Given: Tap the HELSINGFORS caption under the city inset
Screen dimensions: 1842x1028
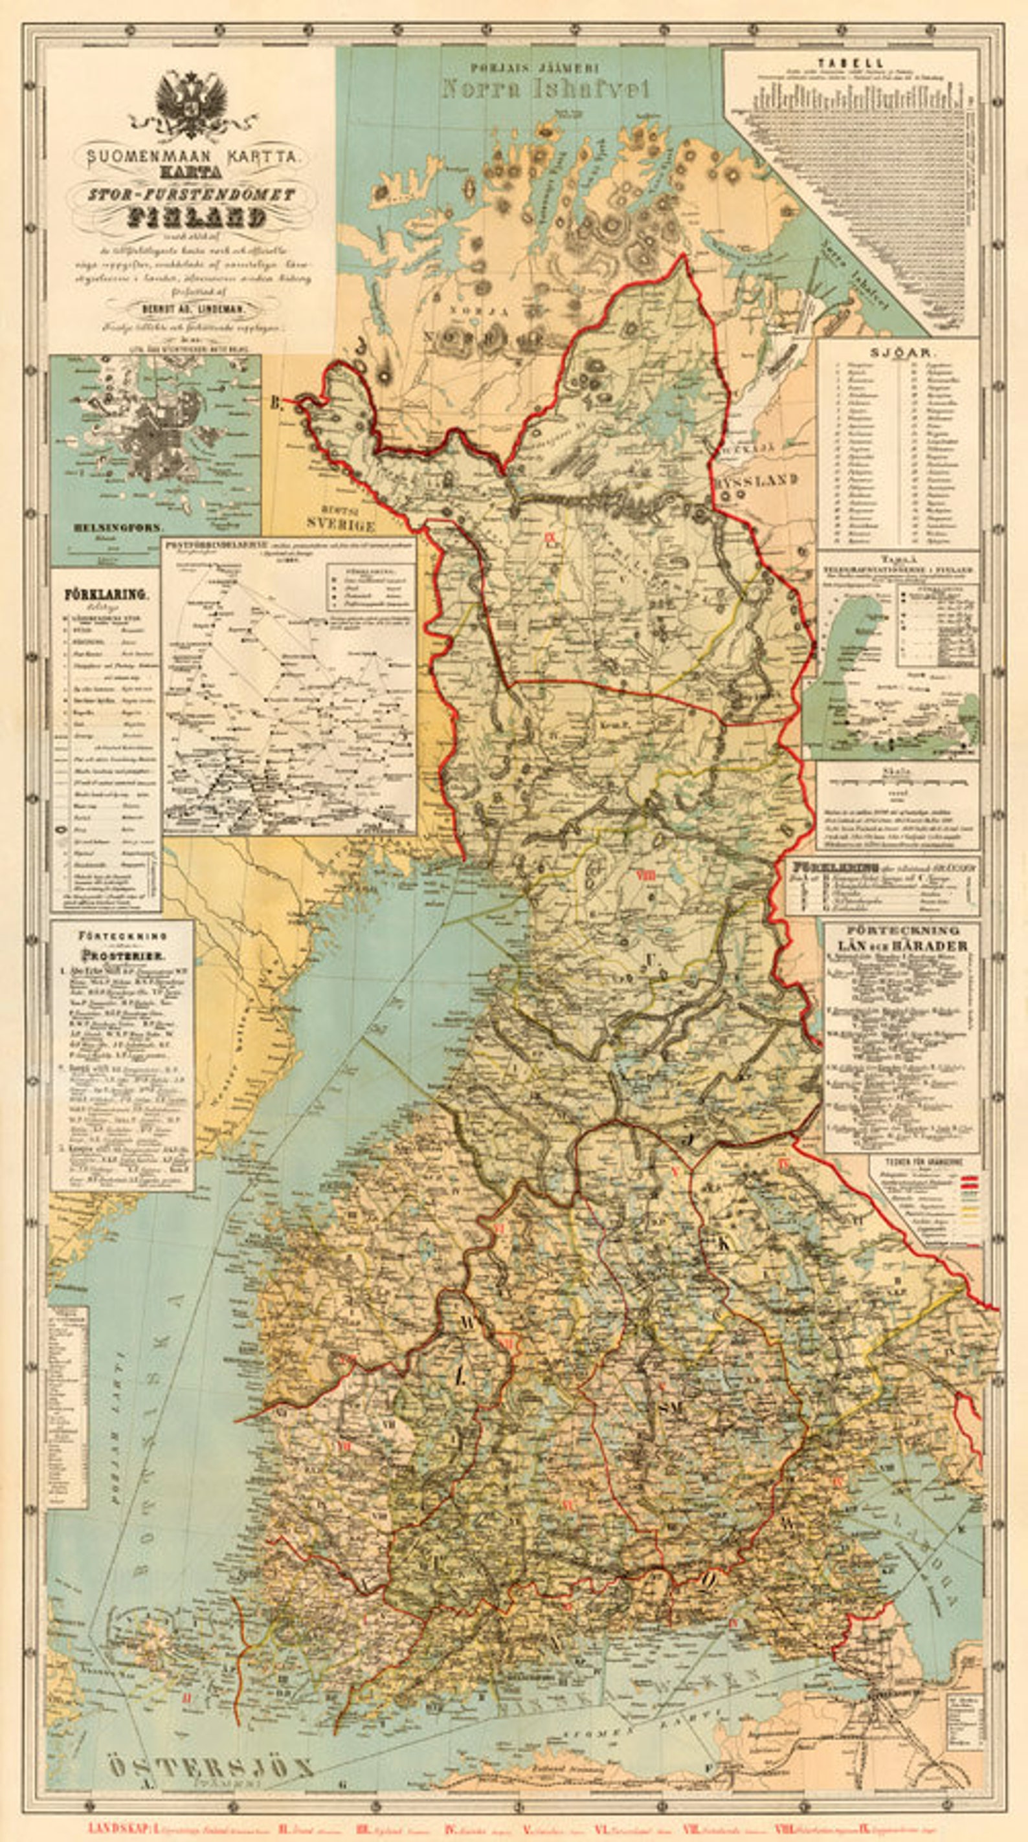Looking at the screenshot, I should (x=118, y=527).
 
